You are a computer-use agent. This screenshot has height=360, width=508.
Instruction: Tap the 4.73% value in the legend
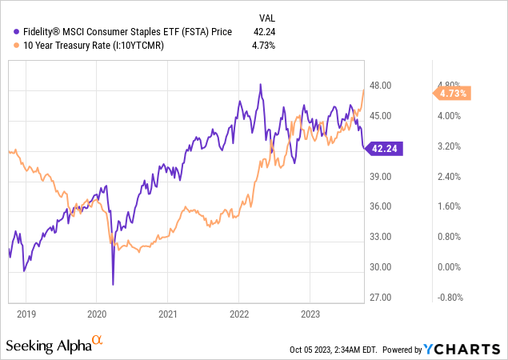click(264, 45)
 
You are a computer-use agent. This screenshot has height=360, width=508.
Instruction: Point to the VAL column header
click(267, 17)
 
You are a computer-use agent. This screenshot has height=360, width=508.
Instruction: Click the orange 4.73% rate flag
click(450, 94)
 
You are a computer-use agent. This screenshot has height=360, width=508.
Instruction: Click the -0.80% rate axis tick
click(449, 298)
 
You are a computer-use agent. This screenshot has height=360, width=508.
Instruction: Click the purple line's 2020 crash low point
click(113, 284)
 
